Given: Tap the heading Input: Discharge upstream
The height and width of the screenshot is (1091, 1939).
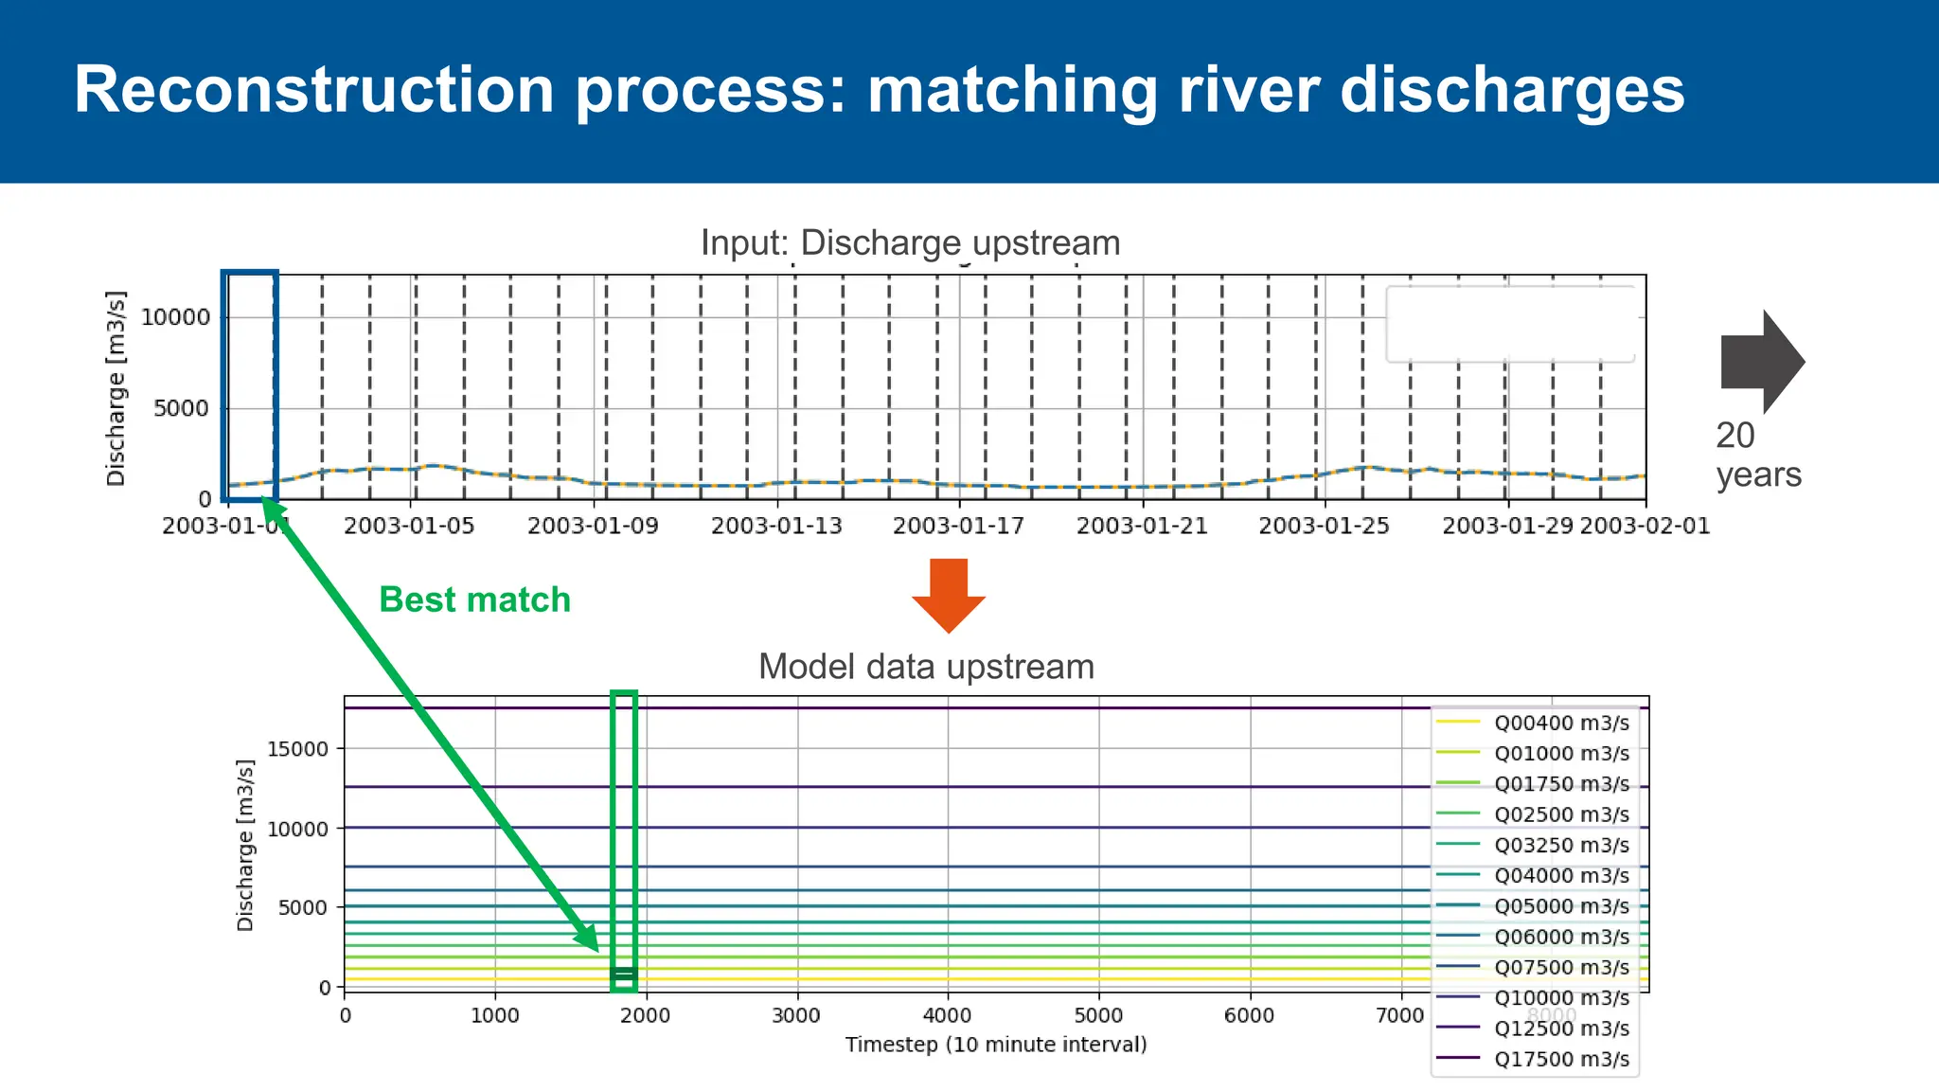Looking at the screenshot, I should pyautogui.click(x=910, y=243).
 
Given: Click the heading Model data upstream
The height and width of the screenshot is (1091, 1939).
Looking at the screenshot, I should pyautogui.click(x=926, y=667).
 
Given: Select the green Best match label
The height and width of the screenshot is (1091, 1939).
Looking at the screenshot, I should pyautogui.click(x=474, y=599).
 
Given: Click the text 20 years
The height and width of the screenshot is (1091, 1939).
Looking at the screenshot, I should pyautogui.click(x=1757, y=455).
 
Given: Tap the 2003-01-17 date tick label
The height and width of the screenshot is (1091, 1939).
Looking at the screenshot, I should pyautogui.click(x=958, y=527).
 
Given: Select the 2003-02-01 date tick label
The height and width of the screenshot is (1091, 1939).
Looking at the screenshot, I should pyautogui.click(x=1645, y=527).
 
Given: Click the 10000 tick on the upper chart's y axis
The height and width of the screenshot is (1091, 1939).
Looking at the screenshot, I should pyautogui.click(x=176, y=317).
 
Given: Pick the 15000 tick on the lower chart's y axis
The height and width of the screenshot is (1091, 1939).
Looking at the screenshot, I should pyautogui.click(x=297, y=749).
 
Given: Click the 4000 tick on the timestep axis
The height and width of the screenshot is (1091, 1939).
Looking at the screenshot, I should pyautogui.click(x=947, y=1016).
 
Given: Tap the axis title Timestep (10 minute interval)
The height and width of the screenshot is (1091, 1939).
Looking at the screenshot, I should pyautogui.click(x=995, y=1045).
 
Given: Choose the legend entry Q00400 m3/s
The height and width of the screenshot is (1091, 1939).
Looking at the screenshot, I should pyautogui.click(x=1560, y=724).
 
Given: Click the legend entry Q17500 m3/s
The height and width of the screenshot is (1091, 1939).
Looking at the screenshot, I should pyautogui.click(x=1560, y=1059).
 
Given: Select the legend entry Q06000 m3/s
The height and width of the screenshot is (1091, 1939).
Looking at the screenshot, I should pyautogui.click(x=1560, y=937).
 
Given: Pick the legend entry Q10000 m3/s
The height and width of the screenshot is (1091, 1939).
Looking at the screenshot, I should pyautogui.click(x=1560, y=998).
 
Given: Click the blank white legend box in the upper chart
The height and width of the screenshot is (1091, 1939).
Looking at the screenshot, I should pyautogui.click(x=1510, y=324).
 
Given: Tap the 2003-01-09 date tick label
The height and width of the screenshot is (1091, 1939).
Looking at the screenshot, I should pyautogui.click(x=593, y=527).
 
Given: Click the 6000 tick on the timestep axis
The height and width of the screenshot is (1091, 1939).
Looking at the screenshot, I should pyautogui.click(x=1249, y=1016).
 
